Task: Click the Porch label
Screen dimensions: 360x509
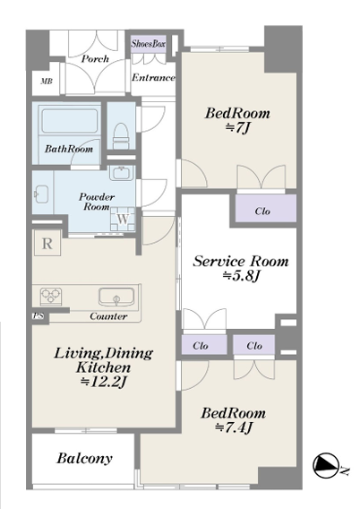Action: pos(95,59)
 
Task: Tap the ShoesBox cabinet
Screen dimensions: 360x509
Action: pos(149,44)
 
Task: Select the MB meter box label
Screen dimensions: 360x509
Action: pos(47,82)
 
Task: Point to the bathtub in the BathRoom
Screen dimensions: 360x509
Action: pos(70,121)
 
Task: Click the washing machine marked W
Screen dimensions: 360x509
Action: pos(123,220)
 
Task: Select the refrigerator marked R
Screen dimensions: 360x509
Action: pos(47,243)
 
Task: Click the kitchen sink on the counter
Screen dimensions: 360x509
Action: pos(116,297)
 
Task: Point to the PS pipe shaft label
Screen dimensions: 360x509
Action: pos(39,315)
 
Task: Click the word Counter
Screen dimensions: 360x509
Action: pos(108,316)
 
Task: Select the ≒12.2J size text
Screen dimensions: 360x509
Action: pos(103,382)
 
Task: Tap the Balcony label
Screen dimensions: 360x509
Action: pos(84,458)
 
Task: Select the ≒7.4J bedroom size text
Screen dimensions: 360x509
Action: pos(233,427)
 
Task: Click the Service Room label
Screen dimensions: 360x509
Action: pos(241,262)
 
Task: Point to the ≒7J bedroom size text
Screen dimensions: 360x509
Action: pos(237,128)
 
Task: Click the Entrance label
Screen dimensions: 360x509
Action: pos(153,78)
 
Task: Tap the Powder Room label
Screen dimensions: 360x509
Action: pos(97,202)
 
